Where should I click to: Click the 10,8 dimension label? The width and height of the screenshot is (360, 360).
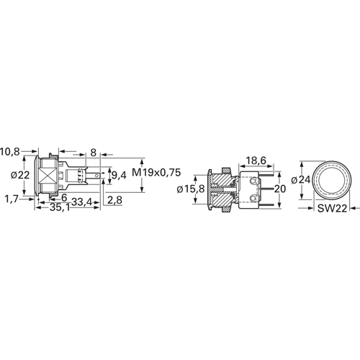click(x=9, y=152)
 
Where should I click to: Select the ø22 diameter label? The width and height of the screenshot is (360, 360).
click(x=20, y=175)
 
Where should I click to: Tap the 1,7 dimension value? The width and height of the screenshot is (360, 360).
click(x=12, y=199)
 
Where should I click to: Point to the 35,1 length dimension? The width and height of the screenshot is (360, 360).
click(x=60, y=208)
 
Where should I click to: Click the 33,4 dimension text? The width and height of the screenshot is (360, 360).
click(x=82, y=202)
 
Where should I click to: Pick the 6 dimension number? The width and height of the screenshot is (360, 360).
click(x=64, y=198)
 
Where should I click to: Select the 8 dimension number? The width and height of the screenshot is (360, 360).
click(x=94, y=153)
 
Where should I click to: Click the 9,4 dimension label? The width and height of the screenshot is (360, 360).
click(x=119, y=176)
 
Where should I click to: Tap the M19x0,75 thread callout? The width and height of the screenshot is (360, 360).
click(x=156, y=173)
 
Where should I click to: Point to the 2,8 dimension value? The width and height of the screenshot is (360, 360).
click(x=114, y=200)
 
